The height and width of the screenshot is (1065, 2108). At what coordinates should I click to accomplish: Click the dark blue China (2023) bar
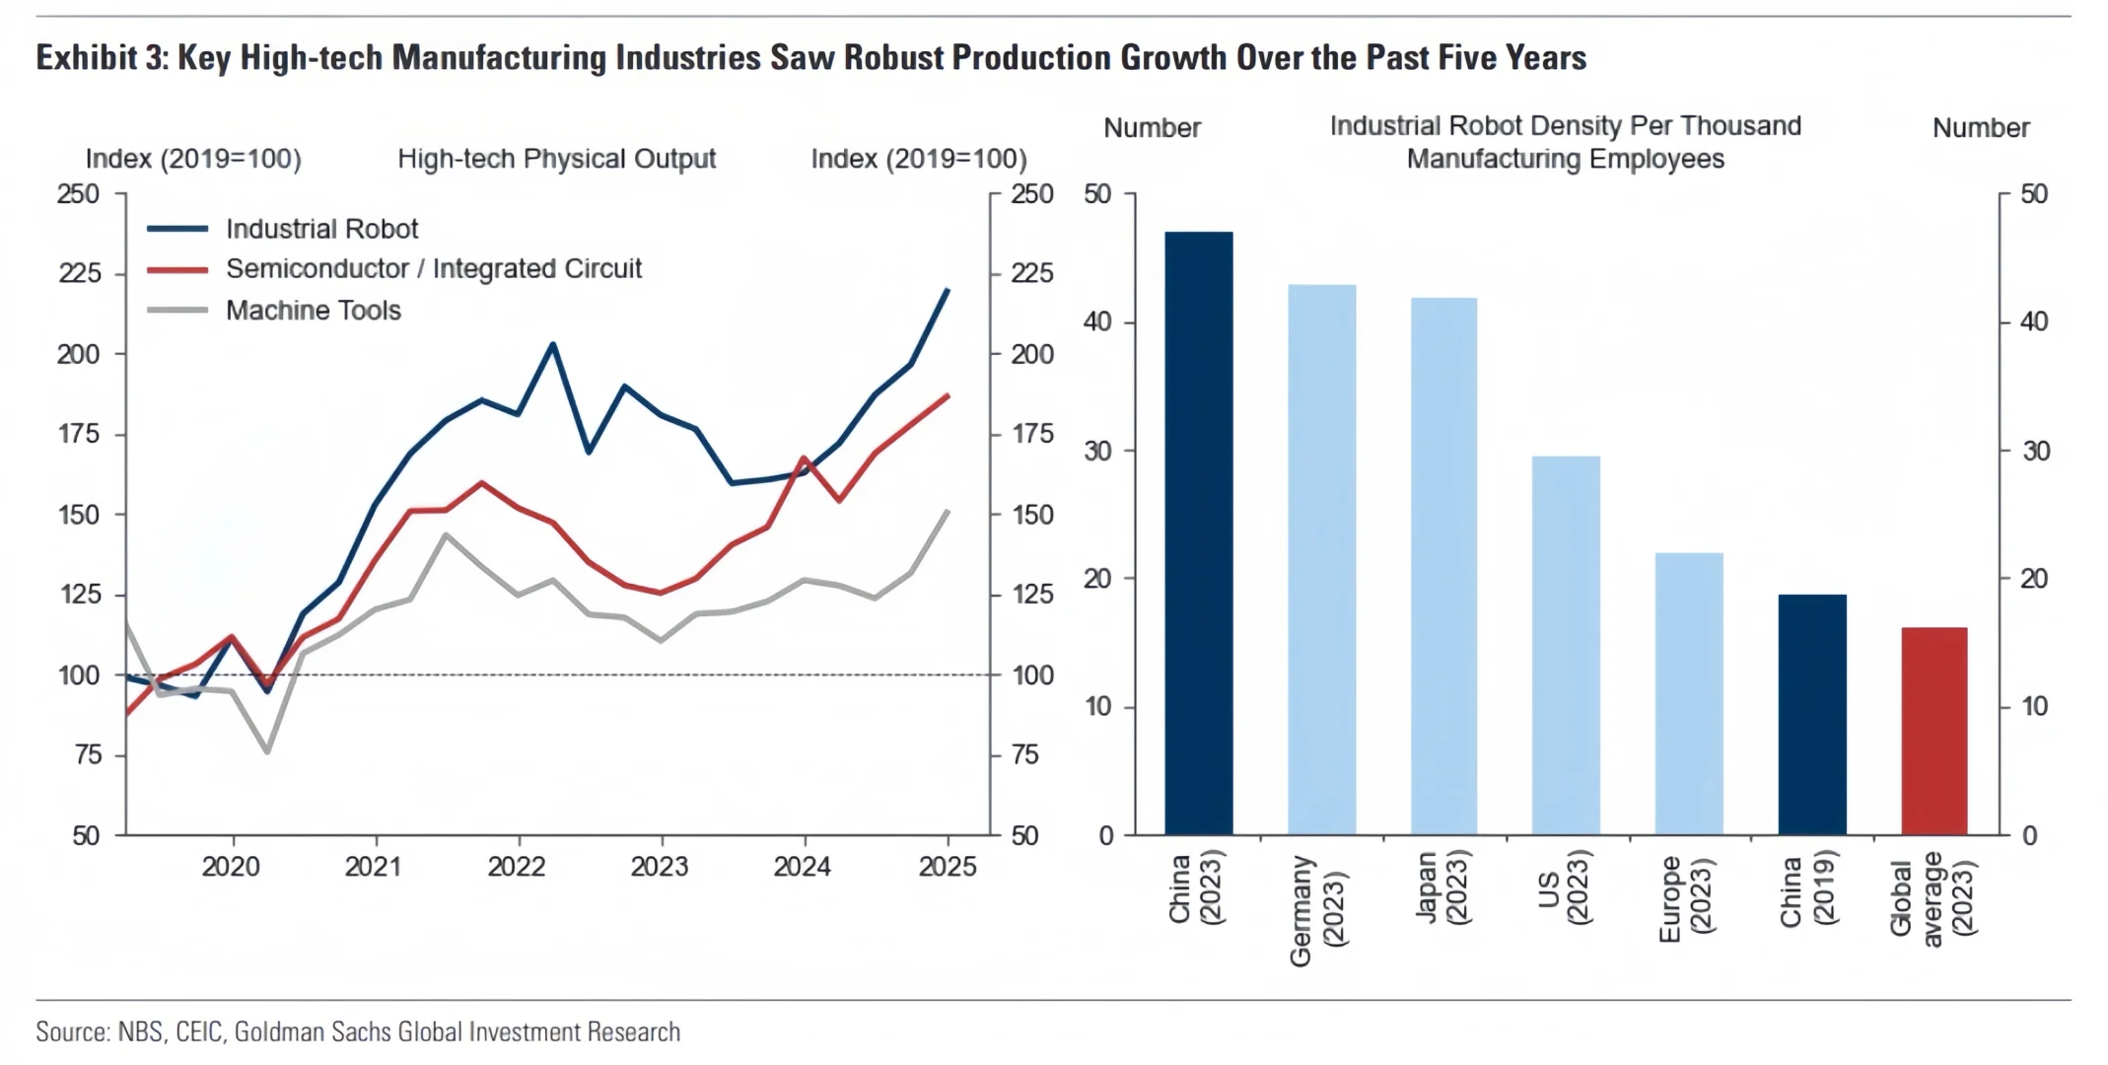pos(1198,532)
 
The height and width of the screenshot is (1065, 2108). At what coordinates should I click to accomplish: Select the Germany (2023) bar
pos(1321,559)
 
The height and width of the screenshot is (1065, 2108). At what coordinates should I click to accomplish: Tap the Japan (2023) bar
pos(1443,566)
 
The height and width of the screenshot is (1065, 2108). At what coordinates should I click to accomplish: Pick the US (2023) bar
pos(1566,645)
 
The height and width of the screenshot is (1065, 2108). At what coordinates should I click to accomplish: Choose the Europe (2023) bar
pos(1688,693)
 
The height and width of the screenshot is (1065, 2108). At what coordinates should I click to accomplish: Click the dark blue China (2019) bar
pos(1811,714)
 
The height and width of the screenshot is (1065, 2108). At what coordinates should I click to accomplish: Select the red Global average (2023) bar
pos(1933,731)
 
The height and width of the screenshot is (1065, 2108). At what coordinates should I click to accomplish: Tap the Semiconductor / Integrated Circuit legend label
pos(434,268)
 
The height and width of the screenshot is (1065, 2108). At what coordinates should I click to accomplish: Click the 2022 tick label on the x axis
pos(517,867)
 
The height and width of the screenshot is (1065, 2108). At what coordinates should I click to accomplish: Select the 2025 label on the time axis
pos(948,867)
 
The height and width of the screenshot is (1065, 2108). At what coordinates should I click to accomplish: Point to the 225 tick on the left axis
pos(79,273)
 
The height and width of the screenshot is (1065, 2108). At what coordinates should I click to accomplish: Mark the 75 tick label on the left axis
pos(87,755)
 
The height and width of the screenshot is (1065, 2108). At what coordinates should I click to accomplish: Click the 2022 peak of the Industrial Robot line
pos(553,344)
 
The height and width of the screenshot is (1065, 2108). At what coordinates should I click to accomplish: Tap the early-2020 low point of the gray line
pos(267,751)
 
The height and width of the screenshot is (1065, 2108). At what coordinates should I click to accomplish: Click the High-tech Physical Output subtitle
pos(556,159)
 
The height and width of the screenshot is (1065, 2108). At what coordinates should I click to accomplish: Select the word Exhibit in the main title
pos(86,57)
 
